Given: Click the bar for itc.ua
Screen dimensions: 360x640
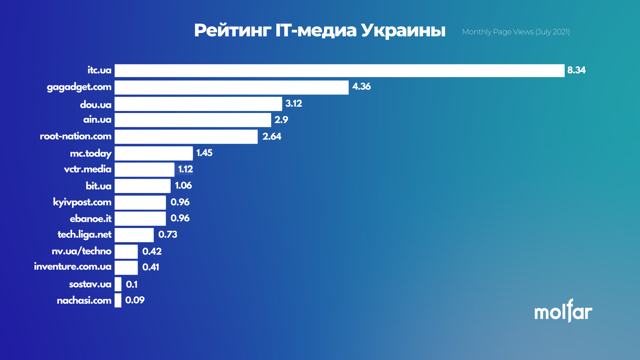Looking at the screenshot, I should tap(339, 71).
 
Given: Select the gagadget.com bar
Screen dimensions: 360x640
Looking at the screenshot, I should tap(231, 87).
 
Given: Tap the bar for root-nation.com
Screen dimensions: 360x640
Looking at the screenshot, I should tap(186, 137).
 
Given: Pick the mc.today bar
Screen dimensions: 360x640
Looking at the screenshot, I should tap(154, 153).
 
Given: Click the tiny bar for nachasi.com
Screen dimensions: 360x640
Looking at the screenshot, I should tap(118, 300).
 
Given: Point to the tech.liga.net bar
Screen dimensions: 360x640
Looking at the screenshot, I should tap(134, 235).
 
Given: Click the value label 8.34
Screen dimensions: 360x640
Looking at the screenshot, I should tap(576, 70).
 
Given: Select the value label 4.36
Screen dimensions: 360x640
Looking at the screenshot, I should tap(361, 87).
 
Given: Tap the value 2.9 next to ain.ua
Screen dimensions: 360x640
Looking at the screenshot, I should tap(281, 120).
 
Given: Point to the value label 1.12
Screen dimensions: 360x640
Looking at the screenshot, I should tap(185, 169).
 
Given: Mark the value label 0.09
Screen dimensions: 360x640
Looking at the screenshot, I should tap(135, 300).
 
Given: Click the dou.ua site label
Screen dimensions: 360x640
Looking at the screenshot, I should tap(96, 105).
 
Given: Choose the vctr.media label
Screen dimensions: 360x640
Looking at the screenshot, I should tap(88, 169).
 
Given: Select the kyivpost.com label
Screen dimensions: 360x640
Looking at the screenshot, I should tap(82, 202).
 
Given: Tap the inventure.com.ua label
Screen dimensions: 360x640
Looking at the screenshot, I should tap(73, 267).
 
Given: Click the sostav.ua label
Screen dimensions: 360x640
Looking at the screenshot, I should tap(90, 284).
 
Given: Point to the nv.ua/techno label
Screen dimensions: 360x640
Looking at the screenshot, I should tap(82, 251).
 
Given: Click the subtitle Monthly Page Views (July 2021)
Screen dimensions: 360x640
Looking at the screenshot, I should tap(516, 32).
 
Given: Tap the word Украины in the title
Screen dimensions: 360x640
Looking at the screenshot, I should tap(403, 31).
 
